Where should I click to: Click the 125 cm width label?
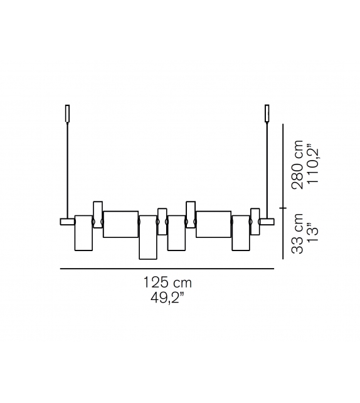[x=167, y=282]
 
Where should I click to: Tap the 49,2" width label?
[x=167, y=298]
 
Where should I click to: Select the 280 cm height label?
[x=297, y=164]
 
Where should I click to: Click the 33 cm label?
[x=297, y=234]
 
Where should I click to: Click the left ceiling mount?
[x=68, y=114]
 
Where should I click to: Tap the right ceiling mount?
[x=267, y=114]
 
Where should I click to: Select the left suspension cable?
[x=68, y=171]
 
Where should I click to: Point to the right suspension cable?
[x=267, y=171]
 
